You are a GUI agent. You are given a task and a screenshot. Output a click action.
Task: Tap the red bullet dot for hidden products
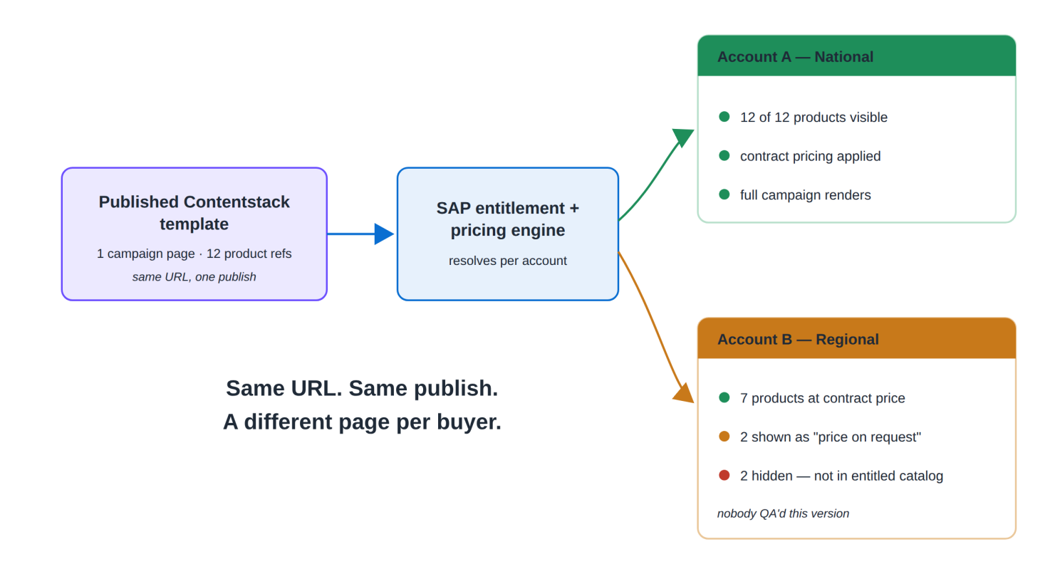724,475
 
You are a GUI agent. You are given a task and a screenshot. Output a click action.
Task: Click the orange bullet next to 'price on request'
724,437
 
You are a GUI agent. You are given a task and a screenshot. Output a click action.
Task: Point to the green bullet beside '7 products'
724,397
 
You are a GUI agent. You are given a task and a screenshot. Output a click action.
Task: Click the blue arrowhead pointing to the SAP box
384,234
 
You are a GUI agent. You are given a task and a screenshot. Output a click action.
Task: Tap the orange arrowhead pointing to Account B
684,393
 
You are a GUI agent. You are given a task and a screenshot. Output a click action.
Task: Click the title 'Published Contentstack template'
194,213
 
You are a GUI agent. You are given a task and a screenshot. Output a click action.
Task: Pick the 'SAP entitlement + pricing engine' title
508,219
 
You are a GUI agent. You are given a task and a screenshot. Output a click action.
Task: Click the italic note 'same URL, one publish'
194,277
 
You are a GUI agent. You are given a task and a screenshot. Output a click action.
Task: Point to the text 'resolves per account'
508,261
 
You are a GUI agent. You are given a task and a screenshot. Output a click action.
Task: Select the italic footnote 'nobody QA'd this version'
783,513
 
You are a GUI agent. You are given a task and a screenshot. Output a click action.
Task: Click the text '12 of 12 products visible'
814,118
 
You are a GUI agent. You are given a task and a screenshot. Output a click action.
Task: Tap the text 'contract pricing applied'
810,156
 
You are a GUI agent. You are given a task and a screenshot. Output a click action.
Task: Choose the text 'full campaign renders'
806,195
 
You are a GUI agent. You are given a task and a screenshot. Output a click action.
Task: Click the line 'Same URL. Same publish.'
362,388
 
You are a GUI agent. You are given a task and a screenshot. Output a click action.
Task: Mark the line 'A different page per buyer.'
362,422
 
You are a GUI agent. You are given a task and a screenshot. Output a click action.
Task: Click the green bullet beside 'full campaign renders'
724,194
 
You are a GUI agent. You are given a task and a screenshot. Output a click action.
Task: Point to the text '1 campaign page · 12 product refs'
194,254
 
